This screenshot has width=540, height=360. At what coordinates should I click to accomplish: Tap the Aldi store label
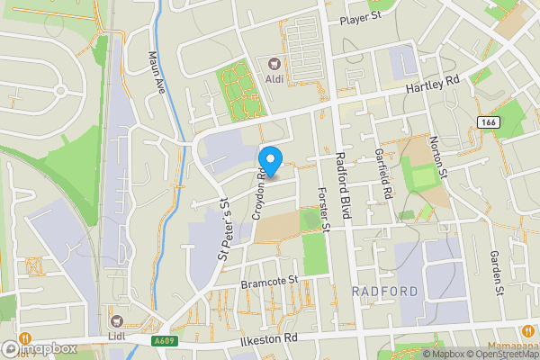(274, 78)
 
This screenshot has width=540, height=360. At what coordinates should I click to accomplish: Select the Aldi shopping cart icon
(274, 63)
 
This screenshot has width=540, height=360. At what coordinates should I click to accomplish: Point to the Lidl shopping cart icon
(116, 320)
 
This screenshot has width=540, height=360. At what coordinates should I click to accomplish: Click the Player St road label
(362, 18)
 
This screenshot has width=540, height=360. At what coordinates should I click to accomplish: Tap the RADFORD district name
(385, 292)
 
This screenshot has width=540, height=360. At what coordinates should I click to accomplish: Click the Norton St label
(438, 156)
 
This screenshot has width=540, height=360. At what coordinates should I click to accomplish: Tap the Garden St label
(496, 273)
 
